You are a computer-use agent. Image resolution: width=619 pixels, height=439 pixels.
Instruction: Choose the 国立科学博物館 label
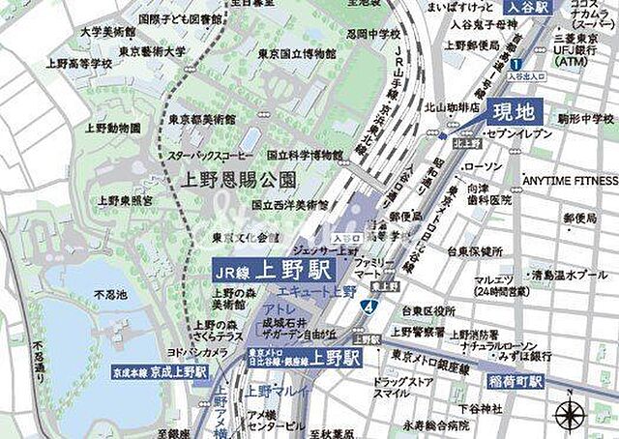(305, 155)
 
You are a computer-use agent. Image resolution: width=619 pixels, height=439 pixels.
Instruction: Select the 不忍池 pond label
(110, 293)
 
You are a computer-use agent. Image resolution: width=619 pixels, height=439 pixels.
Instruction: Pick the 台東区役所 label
(428, 310)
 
